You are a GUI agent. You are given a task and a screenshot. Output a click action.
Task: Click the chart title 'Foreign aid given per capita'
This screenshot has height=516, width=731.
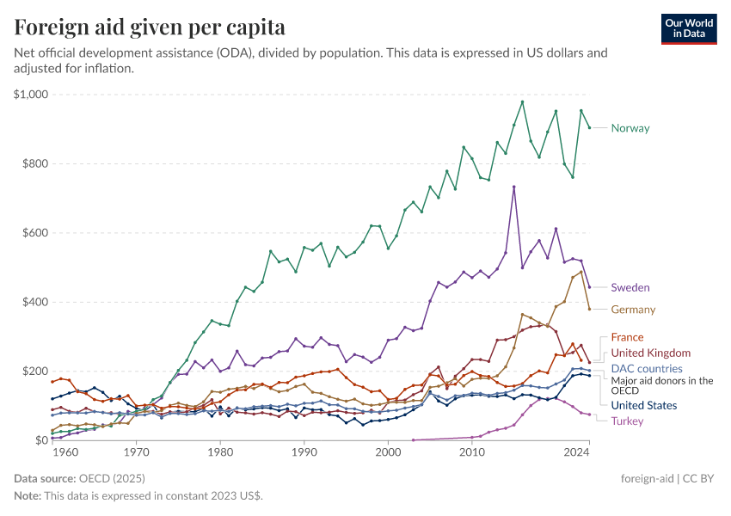click(150, 27)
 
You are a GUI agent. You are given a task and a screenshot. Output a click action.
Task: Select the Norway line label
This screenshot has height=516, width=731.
click(630, 128)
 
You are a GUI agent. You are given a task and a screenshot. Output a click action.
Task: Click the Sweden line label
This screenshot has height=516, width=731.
click(630, 287)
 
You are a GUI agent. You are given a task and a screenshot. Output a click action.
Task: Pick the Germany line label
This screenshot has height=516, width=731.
click(633, 310)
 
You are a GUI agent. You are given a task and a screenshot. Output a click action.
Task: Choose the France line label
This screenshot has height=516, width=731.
click(627, 337)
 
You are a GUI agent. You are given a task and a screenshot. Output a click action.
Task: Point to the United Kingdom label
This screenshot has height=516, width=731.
click(650, 353)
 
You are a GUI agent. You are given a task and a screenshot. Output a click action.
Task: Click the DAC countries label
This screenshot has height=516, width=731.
click(646, 368)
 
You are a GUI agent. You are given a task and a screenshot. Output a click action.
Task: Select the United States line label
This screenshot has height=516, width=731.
click(643, 405)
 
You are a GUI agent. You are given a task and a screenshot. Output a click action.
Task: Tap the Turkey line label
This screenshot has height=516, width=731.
click(627, 421)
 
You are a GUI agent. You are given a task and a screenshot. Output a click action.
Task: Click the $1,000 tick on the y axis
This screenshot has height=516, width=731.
click(32, 95)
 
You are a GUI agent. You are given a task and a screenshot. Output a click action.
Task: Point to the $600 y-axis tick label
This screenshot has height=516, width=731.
click(35, 233)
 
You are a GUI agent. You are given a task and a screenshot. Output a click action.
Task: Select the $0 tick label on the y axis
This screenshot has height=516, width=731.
click(40, 440)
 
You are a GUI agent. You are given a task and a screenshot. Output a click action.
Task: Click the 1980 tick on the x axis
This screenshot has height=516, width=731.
click(220, 451)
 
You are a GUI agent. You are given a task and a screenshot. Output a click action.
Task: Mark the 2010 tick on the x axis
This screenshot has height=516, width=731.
click(472, 451)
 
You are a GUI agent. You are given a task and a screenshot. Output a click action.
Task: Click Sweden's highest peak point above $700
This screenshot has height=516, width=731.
click(514, 187)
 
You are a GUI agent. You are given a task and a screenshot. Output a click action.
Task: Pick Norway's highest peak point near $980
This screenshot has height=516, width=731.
click(522, 101)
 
